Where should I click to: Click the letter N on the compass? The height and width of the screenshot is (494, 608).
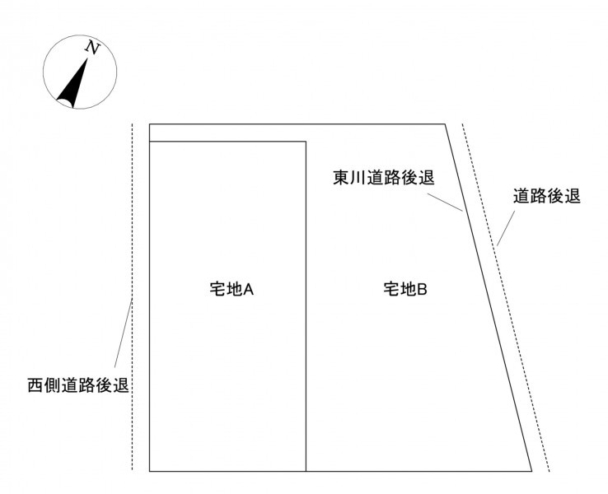(92, 47)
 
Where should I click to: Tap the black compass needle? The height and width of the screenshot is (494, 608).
(72, 85)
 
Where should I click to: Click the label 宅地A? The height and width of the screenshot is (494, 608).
(232, 289)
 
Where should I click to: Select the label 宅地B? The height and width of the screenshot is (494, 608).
(405, 289)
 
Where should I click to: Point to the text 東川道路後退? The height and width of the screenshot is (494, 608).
(384, 178)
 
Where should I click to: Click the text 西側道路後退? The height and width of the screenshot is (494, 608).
(78, 385)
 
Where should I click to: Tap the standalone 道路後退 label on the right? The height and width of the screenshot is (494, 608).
(547, 196)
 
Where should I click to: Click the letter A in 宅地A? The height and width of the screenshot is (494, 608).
(249, 290)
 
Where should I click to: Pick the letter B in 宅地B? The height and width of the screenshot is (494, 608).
(423, 290)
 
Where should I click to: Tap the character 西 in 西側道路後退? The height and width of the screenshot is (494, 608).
(35, 385)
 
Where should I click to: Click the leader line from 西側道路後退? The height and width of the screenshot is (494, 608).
(124, 333)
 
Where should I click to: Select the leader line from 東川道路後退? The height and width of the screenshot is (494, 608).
(445, 202)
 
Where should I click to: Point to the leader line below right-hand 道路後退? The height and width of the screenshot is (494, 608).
(506, 229)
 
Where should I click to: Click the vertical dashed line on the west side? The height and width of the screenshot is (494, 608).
(132, 296)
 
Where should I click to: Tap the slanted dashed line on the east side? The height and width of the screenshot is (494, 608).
(506, 297)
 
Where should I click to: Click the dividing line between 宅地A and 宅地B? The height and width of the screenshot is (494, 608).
(306, 306)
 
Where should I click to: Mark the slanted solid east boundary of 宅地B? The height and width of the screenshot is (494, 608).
(489, 297)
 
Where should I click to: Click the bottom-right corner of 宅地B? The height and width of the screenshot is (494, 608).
(531, 471)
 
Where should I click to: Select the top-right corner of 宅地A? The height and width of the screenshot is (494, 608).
(306, 142)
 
